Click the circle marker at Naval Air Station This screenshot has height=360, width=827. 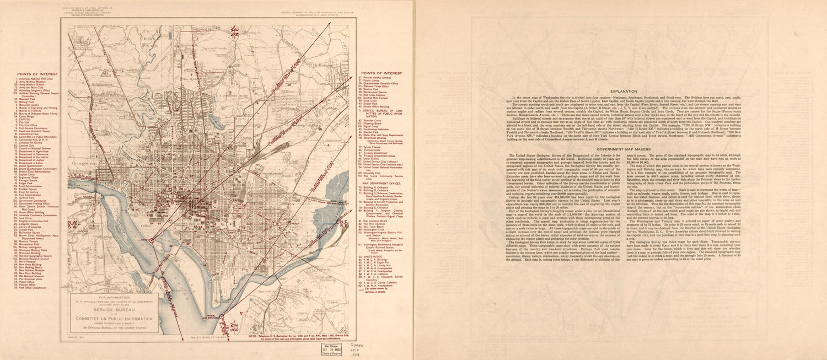(x=222, y=317)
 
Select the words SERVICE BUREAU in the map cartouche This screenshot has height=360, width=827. (x=114, y=309)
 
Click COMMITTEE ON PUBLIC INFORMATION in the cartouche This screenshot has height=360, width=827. (x=114, y=318)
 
